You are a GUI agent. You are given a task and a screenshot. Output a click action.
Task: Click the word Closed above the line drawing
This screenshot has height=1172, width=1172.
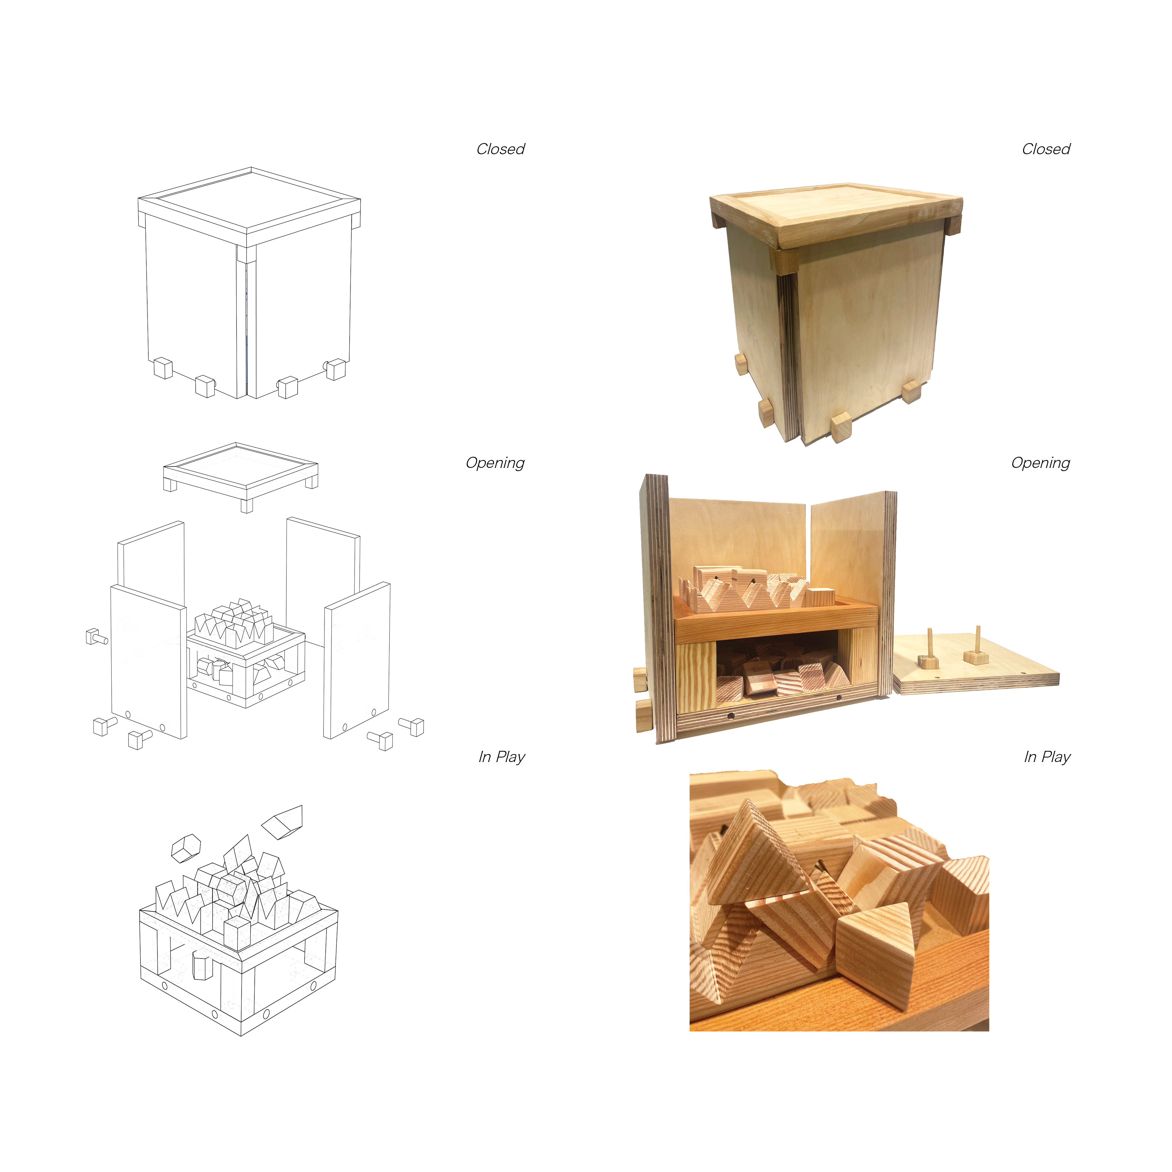(x=501, y=149)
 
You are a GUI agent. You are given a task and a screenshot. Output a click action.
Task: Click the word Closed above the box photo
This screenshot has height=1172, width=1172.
(x=1046, y=149)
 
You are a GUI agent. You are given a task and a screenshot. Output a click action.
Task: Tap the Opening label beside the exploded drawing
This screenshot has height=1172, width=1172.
(x=495, y=463)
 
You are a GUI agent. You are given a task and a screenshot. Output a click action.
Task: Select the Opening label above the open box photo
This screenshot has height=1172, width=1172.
(x=1040, y=463)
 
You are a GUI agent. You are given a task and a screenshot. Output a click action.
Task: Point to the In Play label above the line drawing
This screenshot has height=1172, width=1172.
(x=502, y=757)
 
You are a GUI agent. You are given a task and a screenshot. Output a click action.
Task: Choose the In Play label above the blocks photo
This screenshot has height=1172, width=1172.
(x=1047, y=757)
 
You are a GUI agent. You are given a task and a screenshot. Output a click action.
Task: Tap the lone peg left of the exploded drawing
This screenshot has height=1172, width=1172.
(x=96, y=637)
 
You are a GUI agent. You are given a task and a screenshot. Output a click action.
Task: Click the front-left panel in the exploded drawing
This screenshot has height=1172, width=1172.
(x=149, y=661)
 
